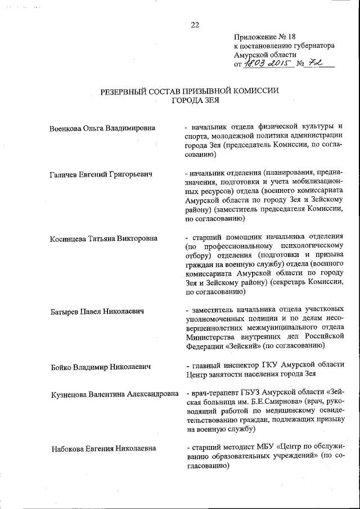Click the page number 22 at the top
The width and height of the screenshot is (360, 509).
pos(195,24)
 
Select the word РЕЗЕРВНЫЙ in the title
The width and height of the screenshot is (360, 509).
pos(129,91)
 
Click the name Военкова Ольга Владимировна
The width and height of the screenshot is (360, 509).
pos(102,128)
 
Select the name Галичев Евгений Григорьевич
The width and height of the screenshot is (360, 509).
pos(101,174)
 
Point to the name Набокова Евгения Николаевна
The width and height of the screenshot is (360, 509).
pos(103,449)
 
